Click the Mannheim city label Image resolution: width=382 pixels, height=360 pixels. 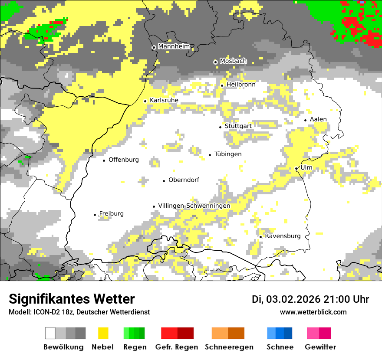coord(174,46)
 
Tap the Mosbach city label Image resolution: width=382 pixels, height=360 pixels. coord(233,61)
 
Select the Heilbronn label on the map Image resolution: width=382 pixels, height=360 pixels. coord(241,85)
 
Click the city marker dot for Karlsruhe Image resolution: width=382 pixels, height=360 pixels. coord(145,101)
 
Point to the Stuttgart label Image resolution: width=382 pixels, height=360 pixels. coord(238,126)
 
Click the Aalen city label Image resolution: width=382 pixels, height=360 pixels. coord(318,119)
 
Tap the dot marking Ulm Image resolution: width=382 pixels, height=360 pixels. coord(296,168)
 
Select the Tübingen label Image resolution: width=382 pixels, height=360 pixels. coord(228,154)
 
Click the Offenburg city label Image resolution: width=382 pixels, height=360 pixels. coord(124,160)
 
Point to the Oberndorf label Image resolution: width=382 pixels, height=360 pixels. coord(184,180)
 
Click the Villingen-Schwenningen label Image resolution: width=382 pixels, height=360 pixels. coord(194,206)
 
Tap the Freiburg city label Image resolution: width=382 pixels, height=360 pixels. coord(111,214)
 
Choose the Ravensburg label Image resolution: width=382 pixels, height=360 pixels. coord(283,236)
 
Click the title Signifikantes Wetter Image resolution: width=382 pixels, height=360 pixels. coord(72,299)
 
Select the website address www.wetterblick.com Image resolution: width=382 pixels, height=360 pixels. coord(313,312)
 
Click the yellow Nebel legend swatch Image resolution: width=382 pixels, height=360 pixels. coord(103,333)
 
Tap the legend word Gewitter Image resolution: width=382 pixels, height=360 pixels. coord(320,347)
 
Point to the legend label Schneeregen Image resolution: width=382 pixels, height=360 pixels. coord(229,347)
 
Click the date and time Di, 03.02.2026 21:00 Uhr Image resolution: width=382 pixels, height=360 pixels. coord(310,299)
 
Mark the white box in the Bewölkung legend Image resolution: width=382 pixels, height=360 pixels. coord(50,333)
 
